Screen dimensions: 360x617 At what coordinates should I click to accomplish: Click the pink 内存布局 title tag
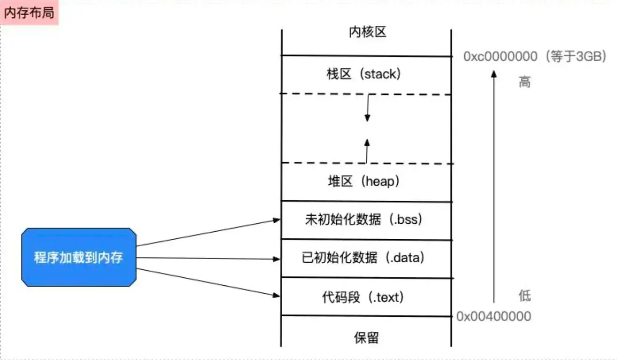tap(29, 13)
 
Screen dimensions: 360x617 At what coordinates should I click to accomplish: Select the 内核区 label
tap(367, 32)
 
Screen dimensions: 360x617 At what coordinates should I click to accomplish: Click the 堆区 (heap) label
tap(364, 181)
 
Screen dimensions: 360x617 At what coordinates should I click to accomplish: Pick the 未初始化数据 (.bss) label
tap(364, 219)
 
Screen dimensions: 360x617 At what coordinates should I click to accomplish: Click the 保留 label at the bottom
tap(366, 337)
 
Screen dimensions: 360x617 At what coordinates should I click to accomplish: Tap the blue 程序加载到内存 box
tap(79, 258)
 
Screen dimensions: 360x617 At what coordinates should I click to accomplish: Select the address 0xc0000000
tap(500, 57)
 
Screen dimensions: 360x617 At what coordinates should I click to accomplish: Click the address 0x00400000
tap(494, 316)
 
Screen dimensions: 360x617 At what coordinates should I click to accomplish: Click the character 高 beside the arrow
tap(524, 83)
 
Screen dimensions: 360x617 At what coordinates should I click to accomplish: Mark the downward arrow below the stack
tap(368, 108)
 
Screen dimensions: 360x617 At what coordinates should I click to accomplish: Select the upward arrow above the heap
tap(367, 150)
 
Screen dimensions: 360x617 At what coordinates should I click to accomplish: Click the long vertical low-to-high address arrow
tap(493, 188)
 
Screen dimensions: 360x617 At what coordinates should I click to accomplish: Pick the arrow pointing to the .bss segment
tap(207, 233)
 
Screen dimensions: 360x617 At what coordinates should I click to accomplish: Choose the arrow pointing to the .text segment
tap(207, 282)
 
